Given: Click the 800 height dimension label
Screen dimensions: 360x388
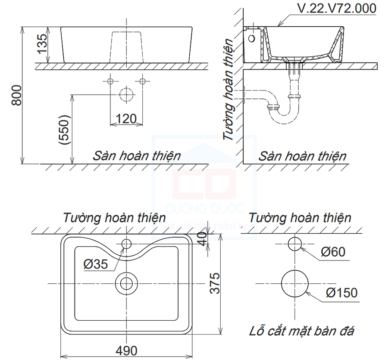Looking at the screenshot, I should pyautogui.click(x=16, y=95).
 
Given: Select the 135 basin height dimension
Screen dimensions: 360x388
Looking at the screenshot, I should pyautogui.click(x=42, y=43).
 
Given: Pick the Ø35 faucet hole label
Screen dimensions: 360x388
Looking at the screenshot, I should pyautogui.click(x=96, y=264).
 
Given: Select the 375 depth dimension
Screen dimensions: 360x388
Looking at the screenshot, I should pyautogui.click(x=216, y=283).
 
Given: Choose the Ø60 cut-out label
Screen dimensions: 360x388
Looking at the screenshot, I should pyautogui.click(x=332, y=251).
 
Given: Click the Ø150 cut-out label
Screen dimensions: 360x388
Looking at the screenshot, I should pyautogui.click(x=341, y=293).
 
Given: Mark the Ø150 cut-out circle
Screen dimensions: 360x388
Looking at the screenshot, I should pyautogui.click(x=295, y=283).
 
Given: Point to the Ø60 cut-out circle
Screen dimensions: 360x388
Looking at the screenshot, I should pyautogui.click(x=295, y=244).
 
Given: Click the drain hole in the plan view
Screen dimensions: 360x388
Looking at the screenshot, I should pyautogui.click(x=126, y=283).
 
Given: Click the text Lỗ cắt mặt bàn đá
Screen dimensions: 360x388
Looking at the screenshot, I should pyautogui.click(x=302, y=331).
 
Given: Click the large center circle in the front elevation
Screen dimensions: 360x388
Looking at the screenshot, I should pyautogui.click(x=126, y=94).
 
